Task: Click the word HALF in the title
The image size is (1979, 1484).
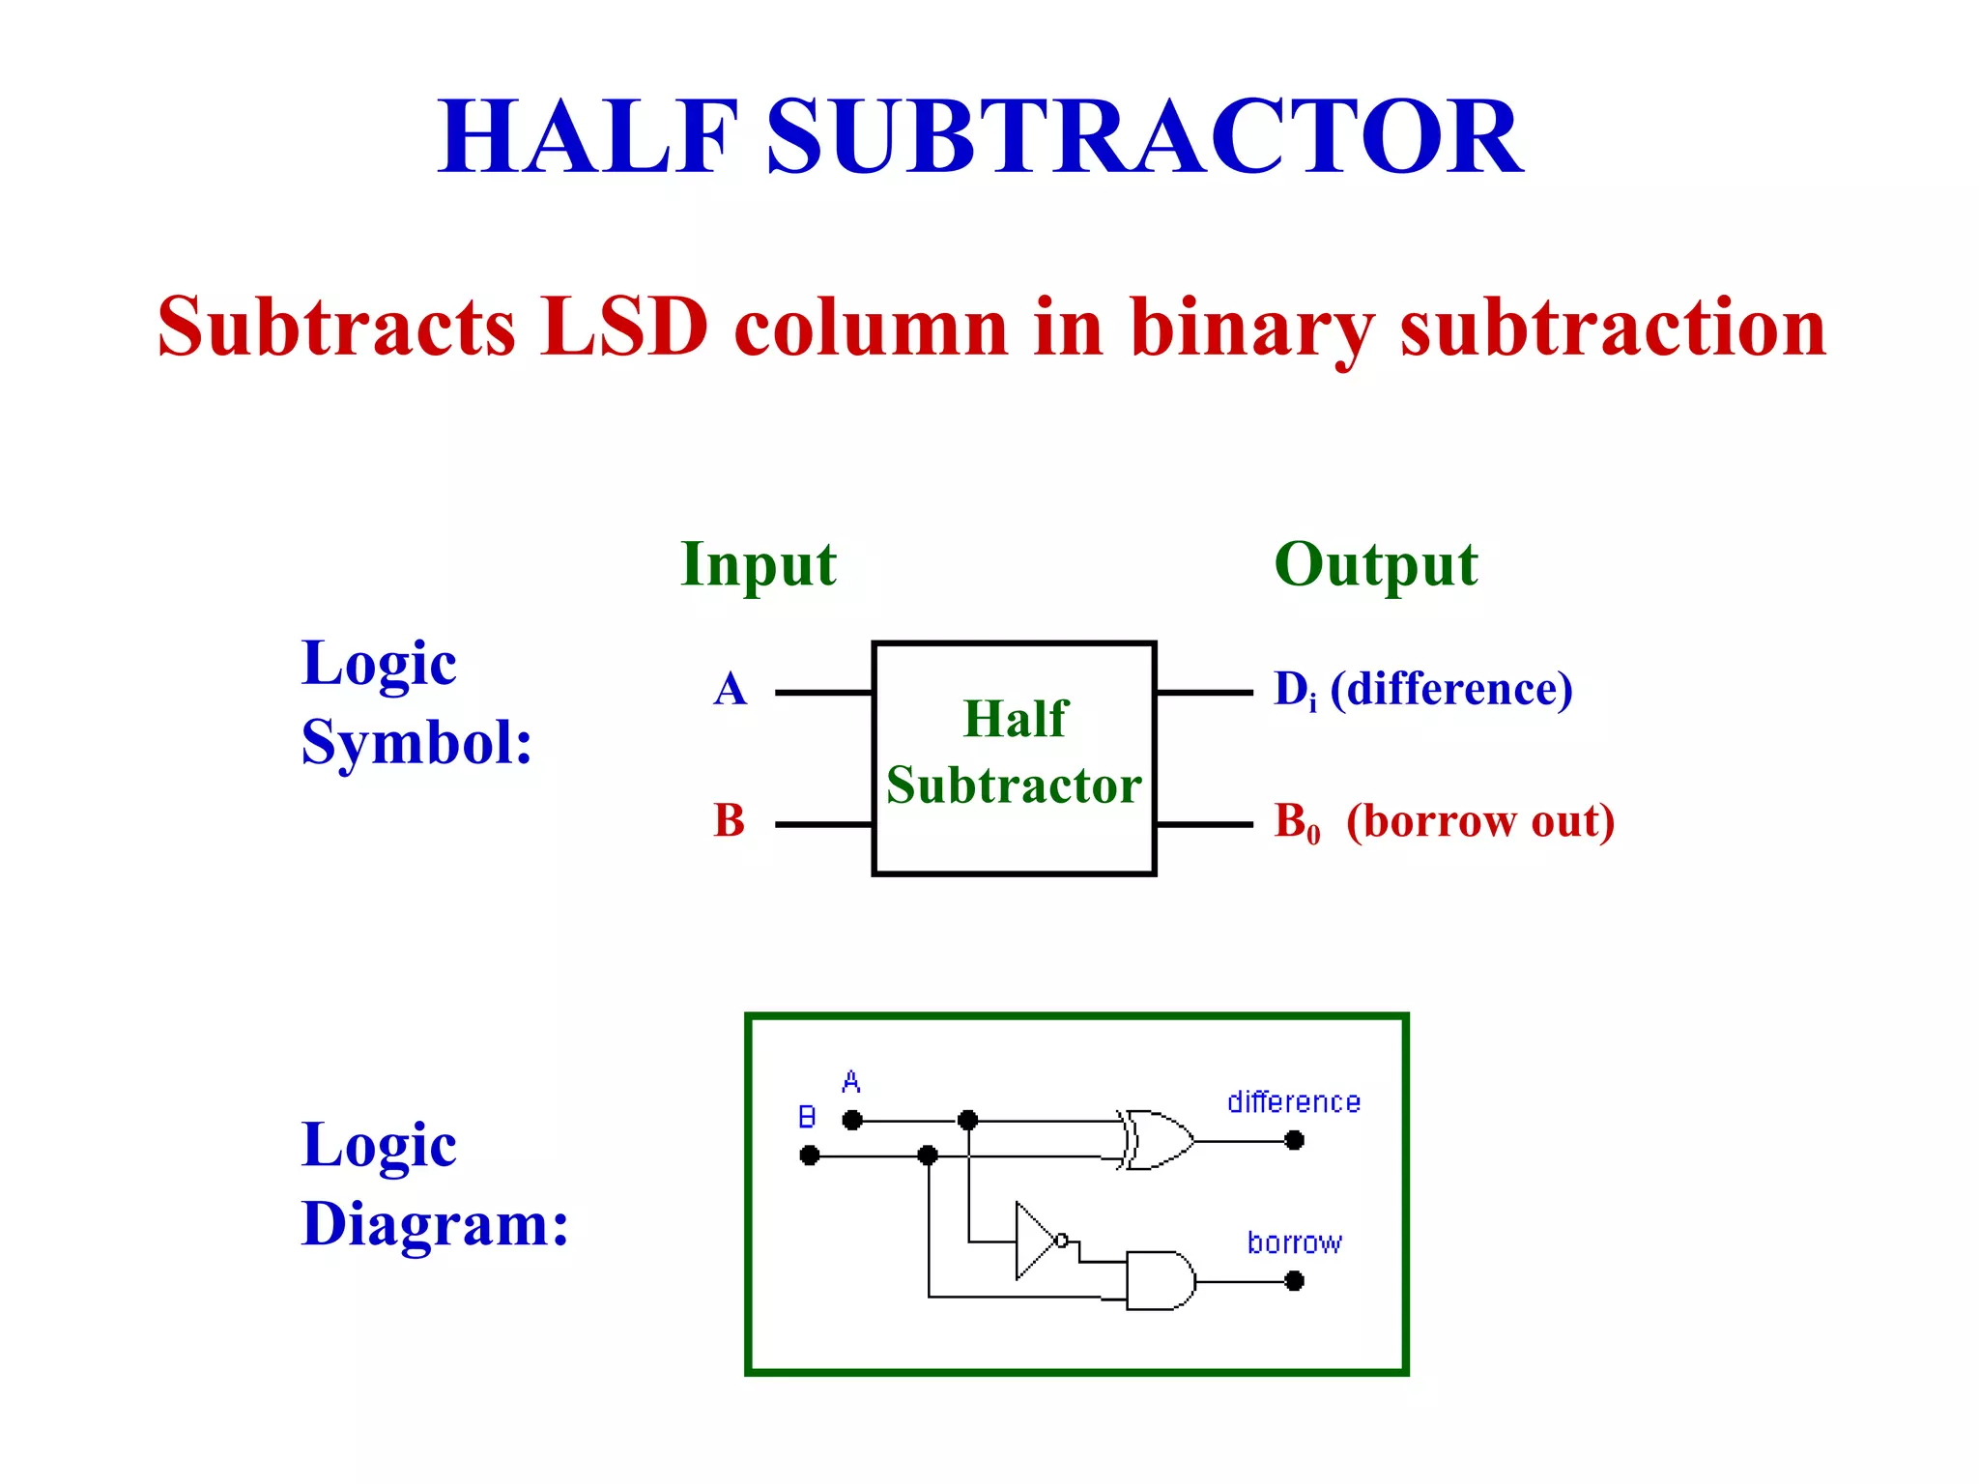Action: tap(588, 137)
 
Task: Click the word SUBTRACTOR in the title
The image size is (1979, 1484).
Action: tap(1145, 137)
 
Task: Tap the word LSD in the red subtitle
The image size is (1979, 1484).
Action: tap(624, 327)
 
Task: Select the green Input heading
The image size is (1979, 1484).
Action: tap(759, 564)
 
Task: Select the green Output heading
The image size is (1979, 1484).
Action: tap(1376, 564)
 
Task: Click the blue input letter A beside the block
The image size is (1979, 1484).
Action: tap(731, 690)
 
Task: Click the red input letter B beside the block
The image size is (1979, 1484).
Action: tap(730, 821)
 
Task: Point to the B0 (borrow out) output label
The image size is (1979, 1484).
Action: tap(1444, 822)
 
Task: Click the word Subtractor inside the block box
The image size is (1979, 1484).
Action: tap(1014, 785)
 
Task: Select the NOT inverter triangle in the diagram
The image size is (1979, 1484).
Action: tap(1036, 1241)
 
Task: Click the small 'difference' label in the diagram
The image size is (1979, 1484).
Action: tap(1293, 1102)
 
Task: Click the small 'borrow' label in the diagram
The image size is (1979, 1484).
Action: tap(1294, 1242)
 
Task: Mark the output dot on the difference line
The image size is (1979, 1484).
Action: tap(1295, 1141)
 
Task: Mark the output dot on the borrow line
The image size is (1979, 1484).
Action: tap(1295, 1281)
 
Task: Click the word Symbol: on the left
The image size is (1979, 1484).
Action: tap(416, 744)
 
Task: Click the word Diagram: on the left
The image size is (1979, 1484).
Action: tap(435, 1224)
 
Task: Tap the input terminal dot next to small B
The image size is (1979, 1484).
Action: tap(810, 1156)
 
